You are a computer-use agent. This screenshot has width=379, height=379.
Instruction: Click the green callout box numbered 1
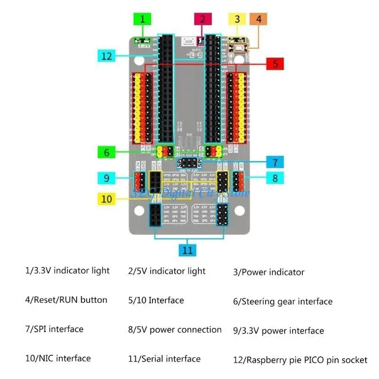[x=143, y=19]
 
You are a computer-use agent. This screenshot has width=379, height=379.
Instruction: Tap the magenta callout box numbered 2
[x=202, y=19]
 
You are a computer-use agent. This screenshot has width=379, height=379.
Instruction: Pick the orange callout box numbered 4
[x=259, y=19]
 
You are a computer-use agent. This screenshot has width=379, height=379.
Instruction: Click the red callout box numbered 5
[x=275, y=63]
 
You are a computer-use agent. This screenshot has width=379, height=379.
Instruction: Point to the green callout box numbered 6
[x=107, y=153]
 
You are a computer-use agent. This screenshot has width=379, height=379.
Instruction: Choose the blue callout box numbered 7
[x=275, y=162]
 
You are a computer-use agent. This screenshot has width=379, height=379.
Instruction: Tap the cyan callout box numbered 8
[x=275, y=178]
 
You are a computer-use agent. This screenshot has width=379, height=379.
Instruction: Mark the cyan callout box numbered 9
[x=107, y=178]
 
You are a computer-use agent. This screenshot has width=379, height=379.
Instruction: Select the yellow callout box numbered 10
[x=107, y=199]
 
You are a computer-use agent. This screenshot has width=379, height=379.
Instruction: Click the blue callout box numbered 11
[x=188, y=249]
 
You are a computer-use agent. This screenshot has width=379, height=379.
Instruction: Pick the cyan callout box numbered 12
[x=107, y=55]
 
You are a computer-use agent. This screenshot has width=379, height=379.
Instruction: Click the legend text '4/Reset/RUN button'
[x=66, y=300]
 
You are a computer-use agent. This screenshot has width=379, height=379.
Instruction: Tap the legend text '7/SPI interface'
[x=54, y=329]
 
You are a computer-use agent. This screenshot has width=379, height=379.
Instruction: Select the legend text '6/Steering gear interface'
[x=282, y=301]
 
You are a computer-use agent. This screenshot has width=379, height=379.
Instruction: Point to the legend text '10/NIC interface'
[x=58, y=358]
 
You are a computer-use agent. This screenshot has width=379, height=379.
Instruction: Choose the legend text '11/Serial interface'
[x=164, y=359]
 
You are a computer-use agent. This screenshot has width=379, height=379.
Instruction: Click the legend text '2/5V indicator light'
[x=167, y=271]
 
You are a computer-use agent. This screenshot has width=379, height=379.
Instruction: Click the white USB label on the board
[x=189, y=42]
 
